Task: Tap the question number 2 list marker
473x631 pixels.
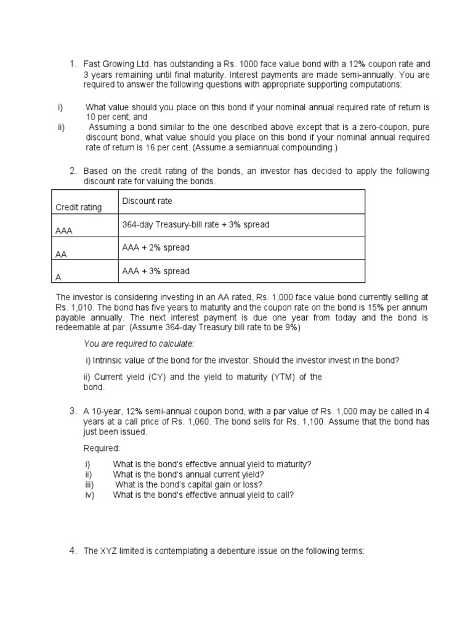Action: pyautogui.click(x=72, y=171)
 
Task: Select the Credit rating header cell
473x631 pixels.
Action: pyautogui.click(x=79, y=208)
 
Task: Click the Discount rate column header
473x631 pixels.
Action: pyautogui.click(x=147, y=202)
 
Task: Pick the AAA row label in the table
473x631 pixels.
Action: pyautogui.click(x=64, y=231)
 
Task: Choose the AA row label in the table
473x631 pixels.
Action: pyautogui.click(x=62, y=254)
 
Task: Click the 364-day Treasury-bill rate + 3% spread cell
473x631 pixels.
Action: pyautogui.click(x=196, y=225)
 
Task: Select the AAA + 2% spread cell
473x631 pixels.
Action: pyautogui.click(x=156, y=248)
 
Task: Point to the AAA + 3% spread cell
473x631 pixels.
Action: pyautogui.click(x=156, y=271)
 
